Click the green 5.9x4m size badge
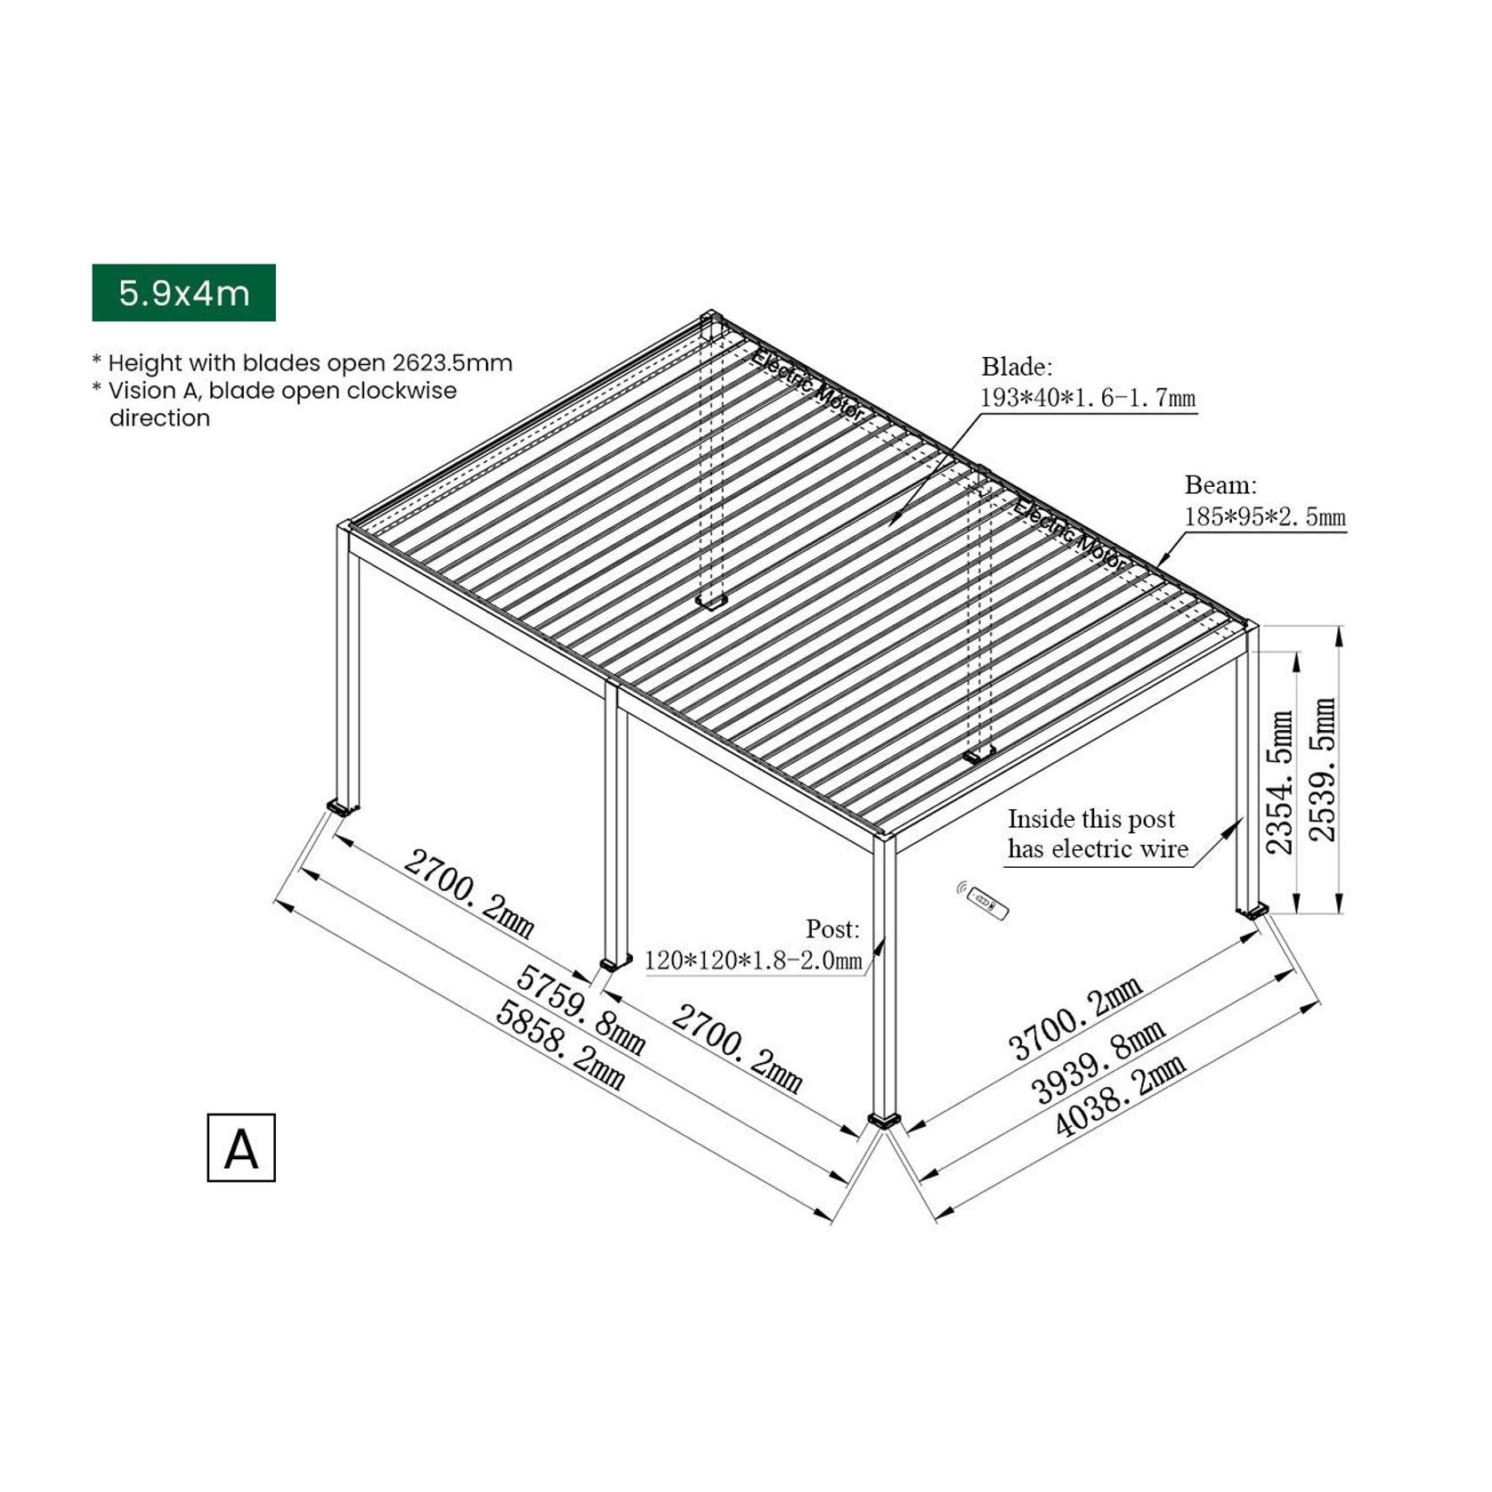pyautogui.click(x=183, y=293)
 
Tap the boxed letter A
pyautogui.click(x=241, y=1148)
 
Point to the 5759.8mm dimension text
pyautogui.click(x=581, y=1010)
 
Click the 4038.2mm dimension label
pyautogui.click(x=1120, y=1097)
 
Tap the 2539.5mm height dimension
pyautogui.click(x=1324, y=769)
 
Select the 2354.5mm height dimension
pyautogui.click(x=1280, y=782)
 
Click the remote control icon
pyautogui.click(x=988, y=903)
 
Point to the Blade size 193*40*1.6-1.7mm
pyautogui.click(x=1088, y=398)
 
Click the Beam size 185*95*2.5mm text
pyautogui.click(x=1264, y=517)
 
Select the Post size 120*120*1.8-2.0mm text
pyautogui.click(x=753, y=961)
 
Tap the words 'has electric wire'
pyautogui.click(x=1098, y=849)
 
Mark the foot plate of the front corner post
pyautogui.click(x=886, y=1120)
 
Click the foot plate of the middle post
pyautogui.click(x=615, y=962)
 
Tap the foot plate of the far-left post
pyautogui.click(x=343, y=808)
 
